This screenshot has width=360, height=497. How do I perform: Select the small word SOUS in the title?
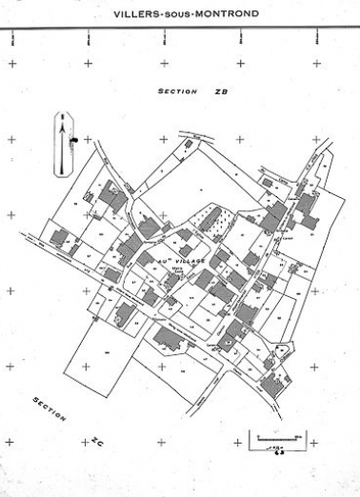178,14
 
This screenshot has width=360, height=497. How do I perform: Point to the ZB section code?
222,92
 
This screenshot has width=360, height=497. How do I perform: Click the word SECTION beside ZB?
177,92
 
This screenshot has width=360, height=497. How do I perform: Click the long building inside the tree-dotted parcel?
210,218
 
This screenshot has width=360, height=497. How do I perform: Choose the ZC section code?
96,442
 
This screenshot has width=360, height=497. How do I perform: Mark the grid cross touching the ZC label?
87,443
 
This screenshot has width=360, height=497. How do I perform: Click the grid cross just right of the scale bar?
313,443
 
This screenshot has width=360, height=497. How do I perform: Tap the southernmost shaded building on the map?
274,385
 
